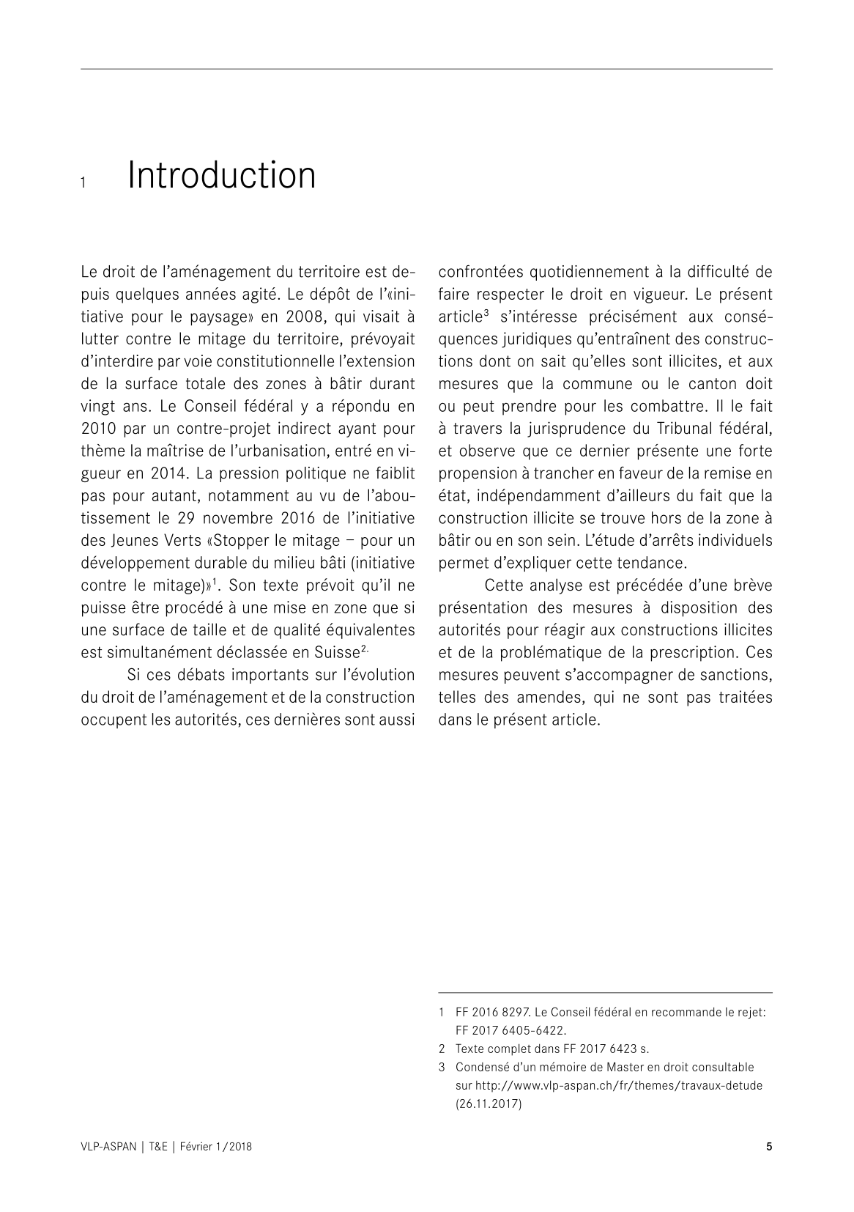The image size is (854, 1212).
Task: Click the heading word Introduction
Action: click(221, 176)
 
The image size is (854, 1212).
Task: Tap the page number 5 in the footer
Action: click(768, 1147)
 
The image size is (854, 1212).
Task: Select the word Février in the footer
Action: click(196, 1147)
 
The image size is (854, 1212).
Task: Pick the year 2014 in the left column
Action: click(152, 473)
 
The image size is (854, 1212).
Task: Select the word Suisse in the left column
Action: click(337, 652)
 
